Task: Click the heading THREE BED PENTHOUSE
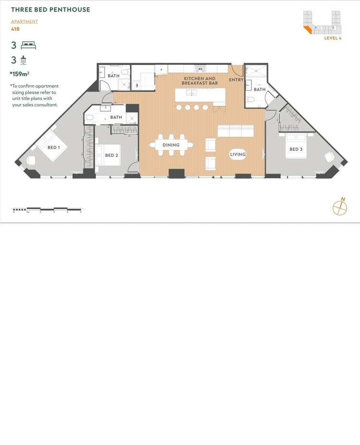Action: [50, 10]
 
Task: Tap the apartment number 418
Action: [15, 29]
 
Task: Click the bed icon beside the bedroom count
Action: [28, 46]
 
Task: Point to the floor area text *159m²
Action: [20, 74]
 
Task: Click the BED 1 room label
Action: [53, 147]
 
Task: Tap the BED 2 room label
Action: [111, 155]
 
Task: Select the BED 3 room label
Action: [296, 149]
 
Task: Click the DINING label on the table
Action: [171, 145]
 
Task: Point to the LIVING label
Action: [238, 154]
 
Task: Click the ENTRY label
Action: [236, 80]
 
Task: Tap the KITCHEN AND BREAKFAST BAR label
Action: [200, 81]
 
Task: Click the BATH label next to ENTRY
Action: [259, 89]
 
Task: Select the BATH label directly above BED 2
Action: [116, 117]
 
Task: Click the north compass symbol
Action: [340, 207]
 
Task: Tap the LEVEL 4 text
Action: [333, 38]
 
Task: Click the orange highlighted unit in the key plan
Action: [307, 30]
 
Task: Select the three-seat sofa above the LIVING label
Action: [235, 131]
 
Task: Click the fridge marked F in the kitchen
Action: [161, 70]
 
